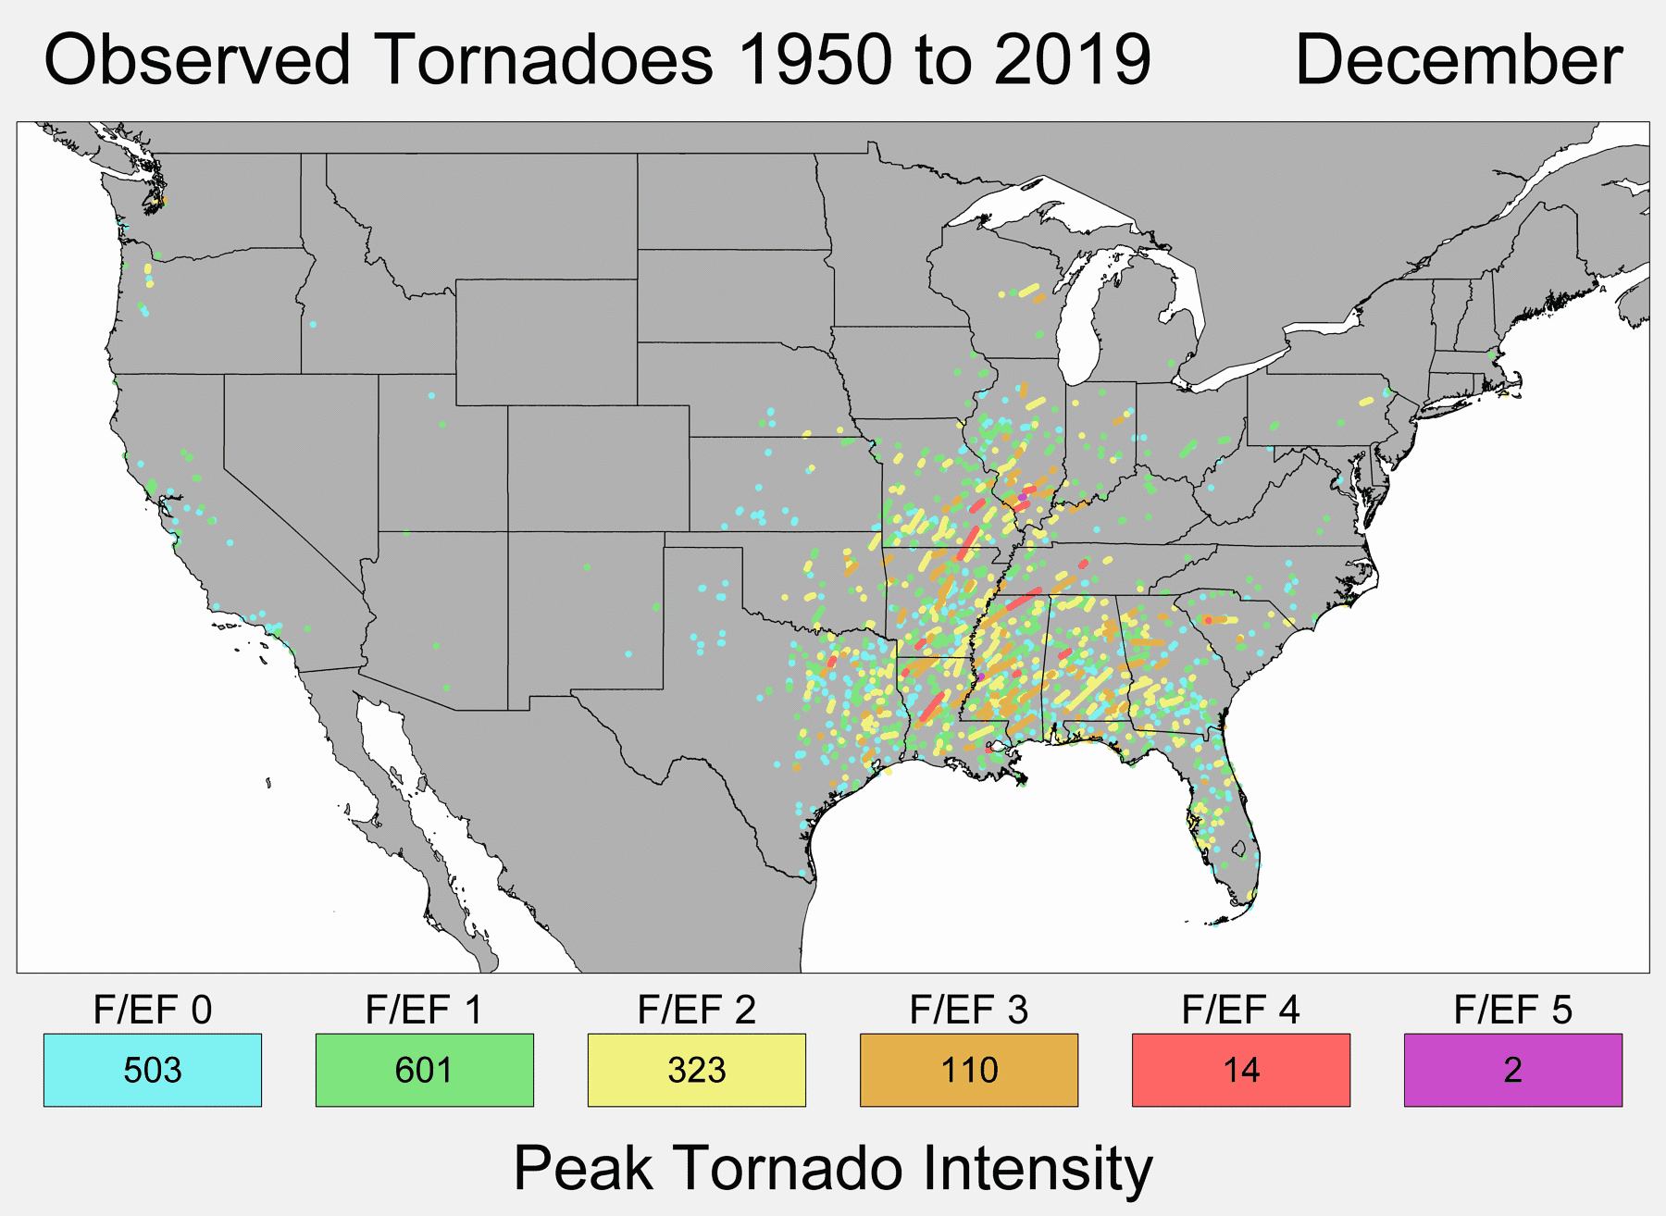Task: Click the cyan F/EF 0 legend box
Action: point(153,1070)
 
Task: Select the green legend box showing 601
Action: point(424,1070)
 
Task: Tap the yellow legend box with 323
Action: point(696,1070)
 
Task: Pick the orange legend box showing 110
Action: point(968,1070)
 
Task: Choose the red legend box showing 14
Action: point(1240,1070)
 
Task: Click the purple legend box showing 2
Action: point(1512,1070)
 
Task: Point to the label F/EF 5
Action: point(1512,1010)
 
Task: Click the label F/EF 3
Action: point(968,1010)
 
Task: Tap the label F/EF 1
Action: point(424,1010)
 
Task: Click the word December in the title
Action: point(1459,61)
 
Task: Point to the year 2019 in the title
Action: point(1073,61)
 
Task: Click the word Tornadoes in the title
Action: point(546,61)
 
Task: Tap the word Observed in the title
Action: point(197,61)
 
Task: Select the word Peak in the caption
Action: point(583,1168)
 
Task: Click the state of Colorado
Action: point(598,467)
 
